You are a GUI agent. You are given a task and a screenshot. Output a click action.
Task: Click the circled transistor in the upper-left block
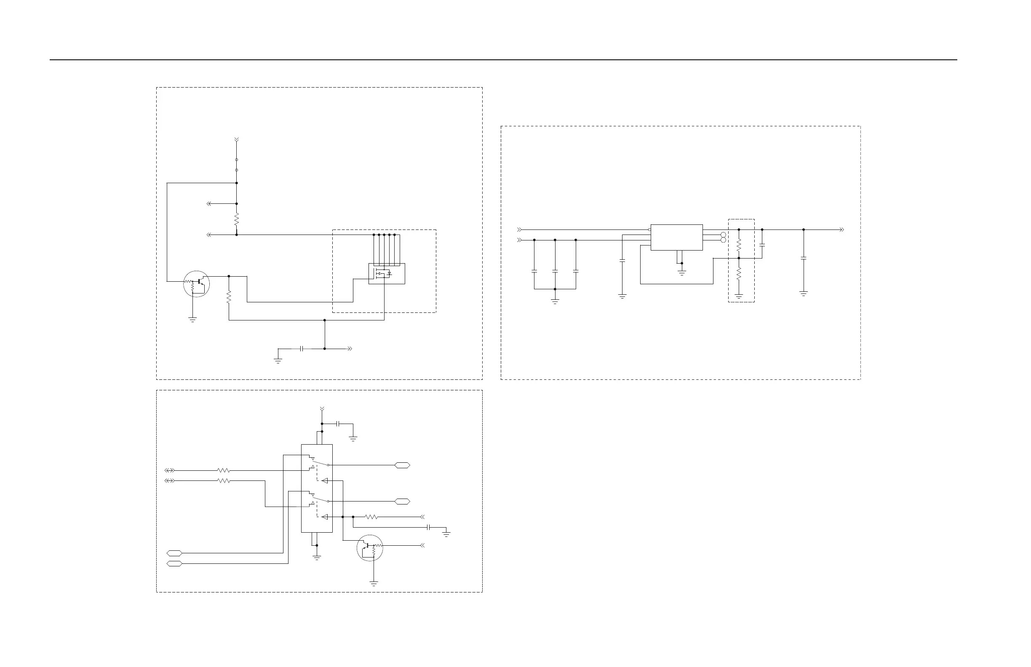point(197,284)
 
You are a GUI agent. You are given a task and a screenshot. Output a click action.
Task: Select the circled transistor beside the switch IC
point(369,548)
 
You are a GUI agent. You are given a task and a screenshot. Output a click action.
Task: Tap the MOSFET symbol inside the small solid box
point(383,274)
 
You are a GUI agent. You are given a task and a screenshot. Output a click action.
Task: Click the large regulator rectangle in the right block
point(676,237)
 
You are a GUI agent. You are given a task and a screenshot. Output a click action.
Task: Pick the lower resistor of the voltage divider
point(739,273)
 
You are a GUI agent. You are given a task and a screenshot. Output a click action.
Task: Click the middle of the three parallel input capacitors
point(555,271)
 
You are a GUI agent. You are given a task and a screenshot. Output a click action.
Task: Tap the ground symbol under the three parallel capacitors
point(555,301)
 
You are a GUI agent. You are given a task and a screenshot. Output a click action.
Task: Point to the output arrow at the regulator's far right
point(842,229)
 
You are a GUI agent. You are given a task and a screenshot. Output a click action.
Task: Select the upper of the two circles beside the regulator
point(723,234)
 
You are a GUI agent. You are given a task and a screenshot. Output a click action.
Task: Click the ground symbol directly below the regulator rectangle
point(682,273)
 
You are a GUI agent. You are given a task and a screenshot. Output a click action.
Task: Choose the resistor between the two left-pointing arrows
point(237,219)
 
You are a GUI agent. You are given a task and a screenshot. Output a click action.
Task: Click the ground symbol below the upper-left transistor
point(192,320)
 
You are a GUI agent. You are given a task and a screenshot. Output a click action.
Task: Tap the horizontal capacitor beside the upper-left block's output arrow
point(302,349)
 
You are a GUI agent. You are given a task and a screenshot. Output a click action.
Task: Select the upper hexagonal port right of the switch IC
point(402,465)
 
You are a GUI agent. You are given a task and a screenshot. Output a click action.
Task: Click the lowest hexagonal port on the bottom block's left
point(174,563)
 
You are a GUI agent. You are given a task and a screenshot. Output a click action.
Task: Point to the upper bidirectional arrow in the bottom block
point(169,470)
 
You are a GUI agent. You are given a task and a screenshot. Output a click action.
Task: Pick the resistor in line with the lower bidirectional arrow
point(224,481)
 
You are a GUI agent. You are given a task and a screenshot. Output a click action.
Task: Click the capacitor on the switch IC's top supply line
point(339,424)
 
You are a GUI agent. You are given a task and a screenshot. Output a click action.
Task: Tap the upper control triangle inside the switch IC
point(324,481)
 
